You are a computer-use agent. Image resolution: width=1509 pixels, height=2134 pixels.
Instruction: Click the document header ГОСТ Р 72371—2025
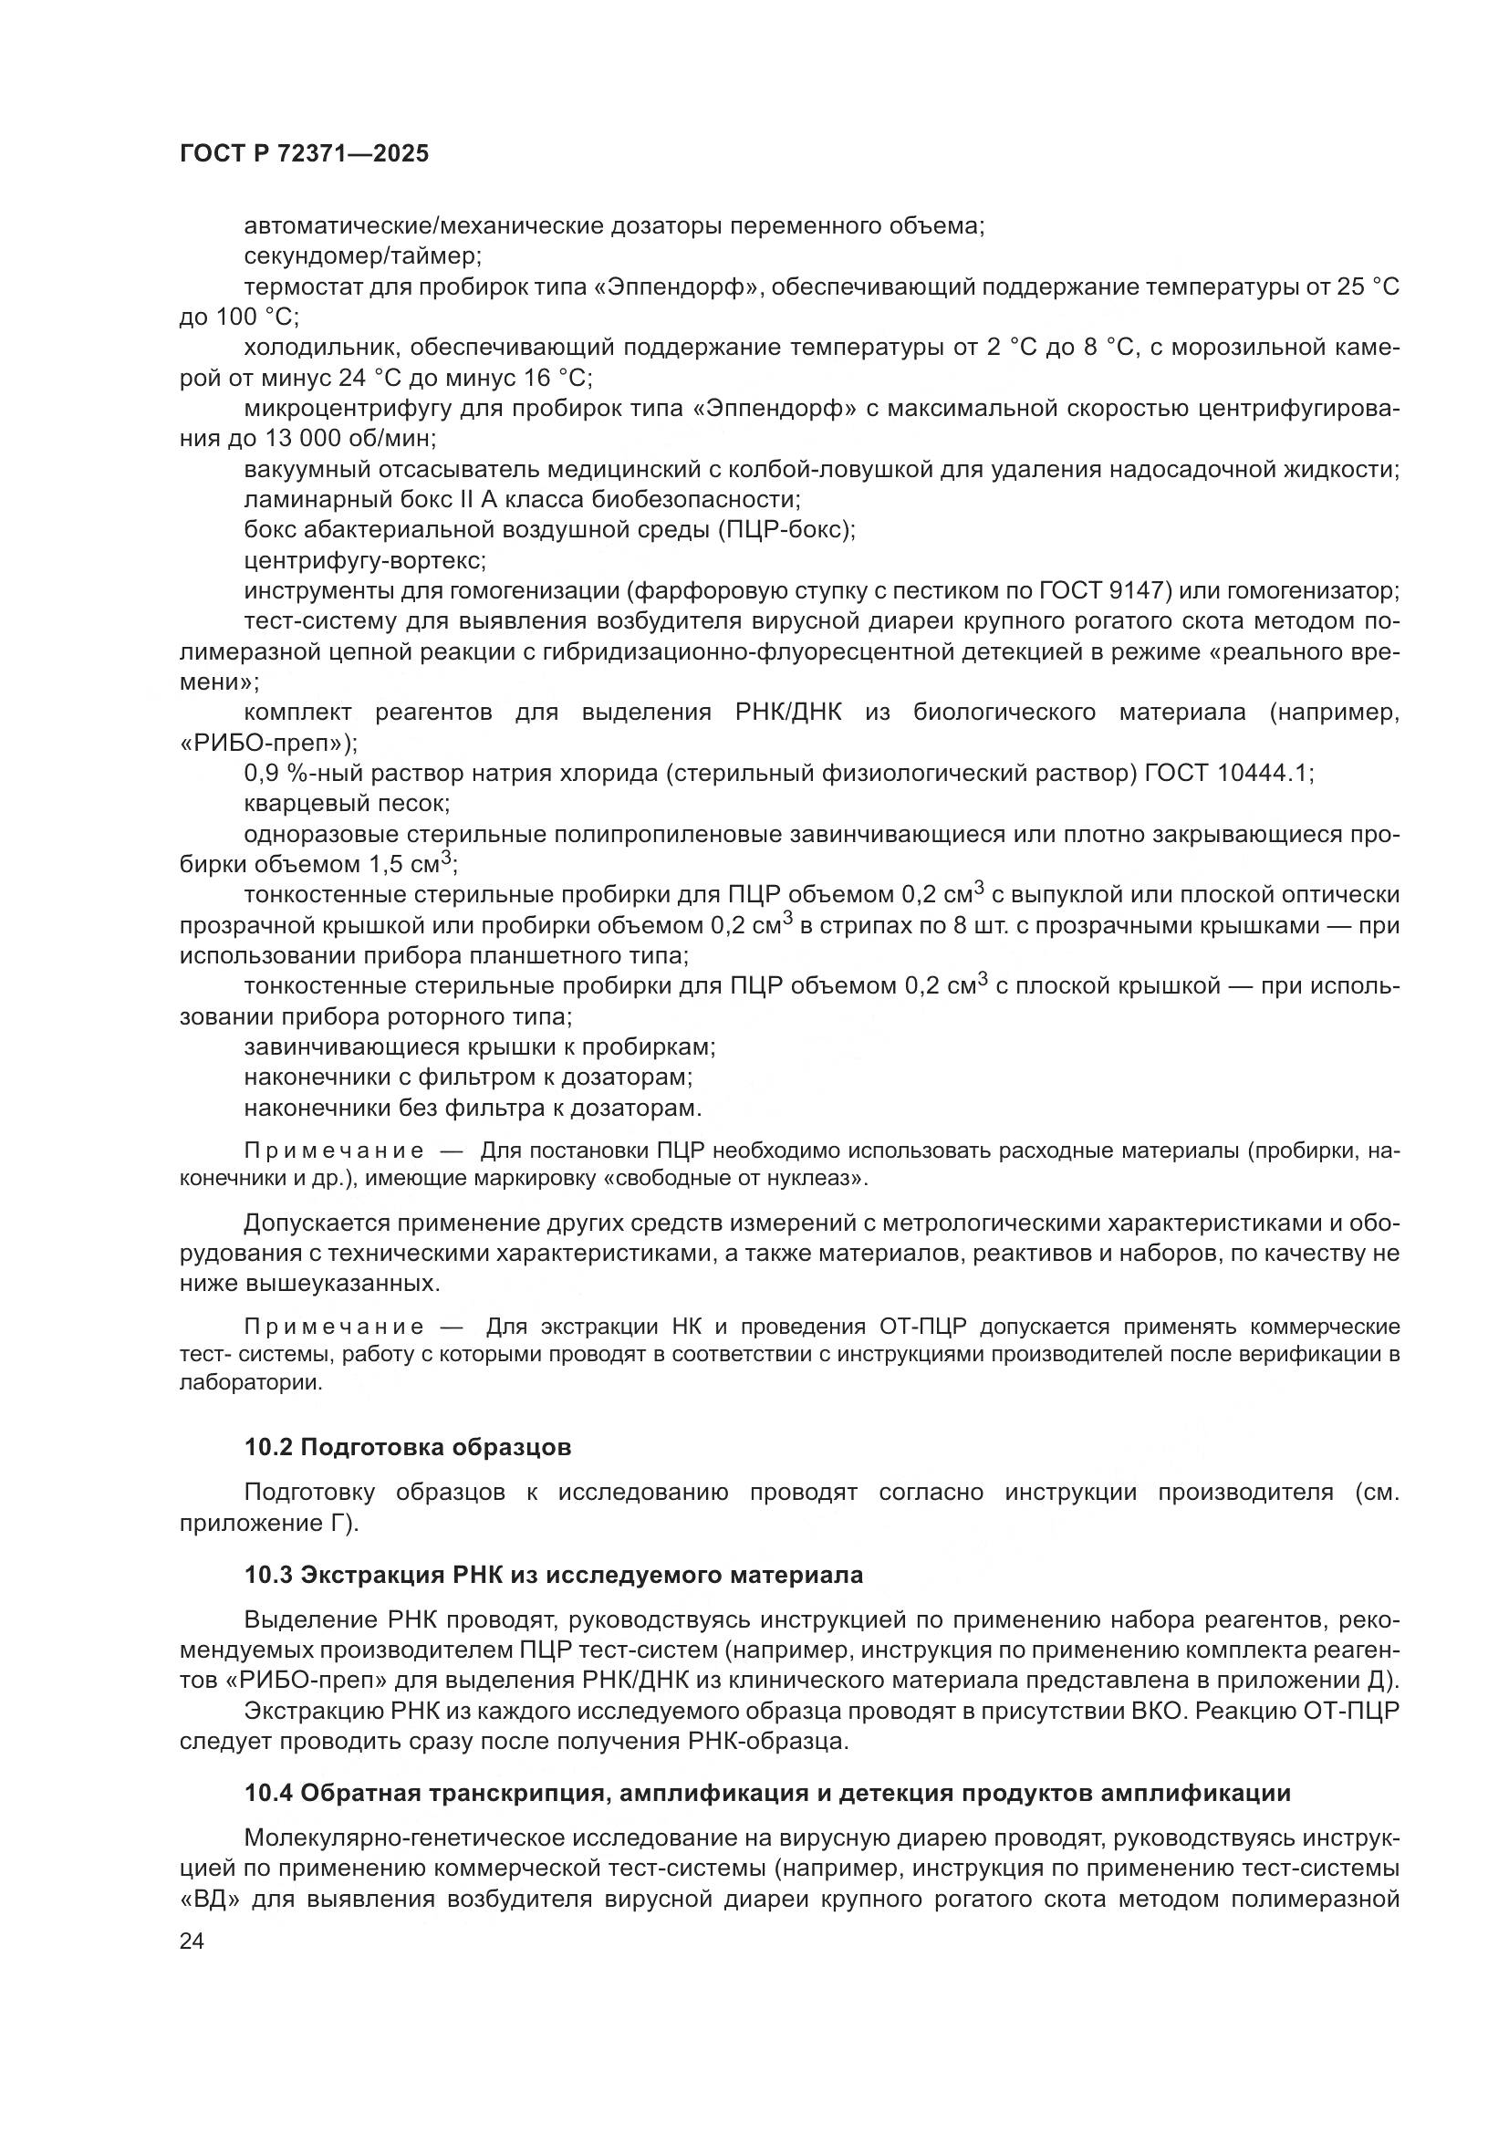[x=304, y=154]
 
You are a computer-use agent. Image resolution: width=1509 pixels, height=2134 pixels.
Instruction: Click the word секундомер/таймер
[x=362, y=255]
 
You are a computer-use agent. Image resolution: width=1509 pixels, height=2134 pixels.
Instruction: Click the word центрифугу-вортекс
[x=364, y=560]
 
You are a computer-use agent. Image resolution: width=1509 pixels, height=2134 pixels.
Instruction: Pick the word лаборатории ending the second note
[x=250, y=1382]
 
